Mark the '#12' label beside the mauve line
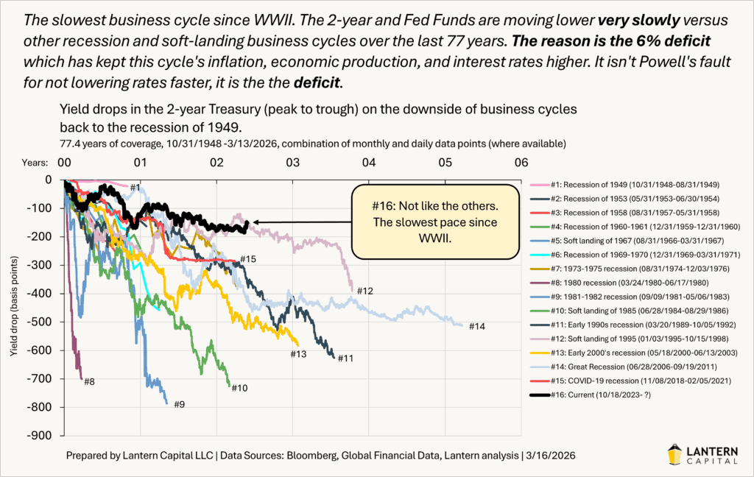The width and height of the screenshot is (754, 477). (366, 291)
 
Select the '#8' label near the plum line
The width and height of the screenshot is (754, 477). (90, 381)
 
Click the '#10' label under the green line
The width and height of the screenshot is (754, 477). (239, 388)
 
